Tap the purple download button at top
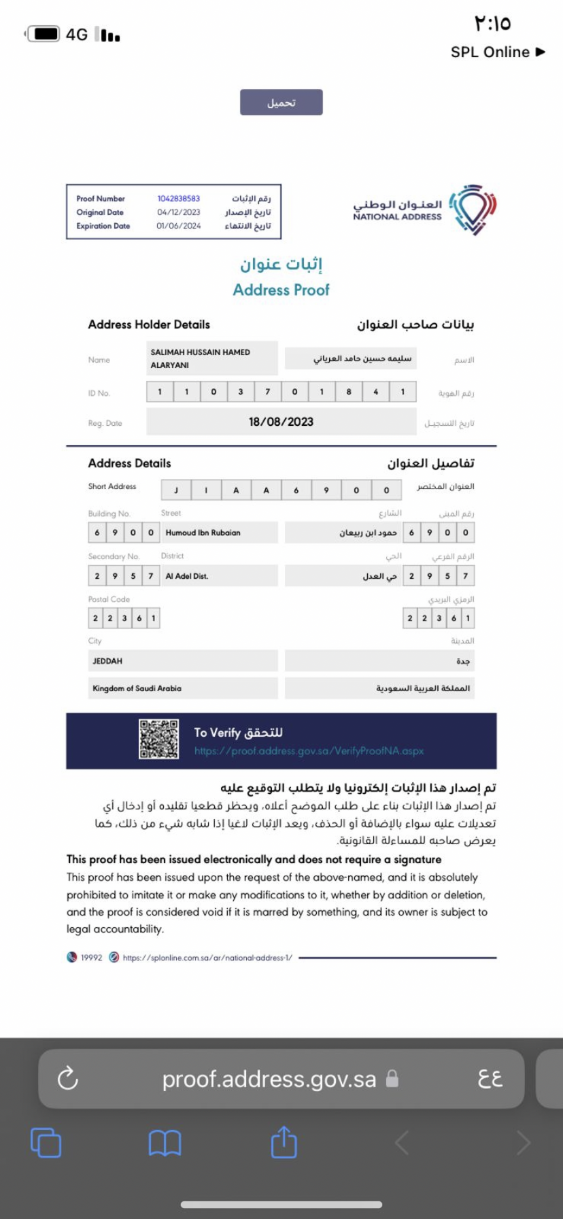(x=281, y=103)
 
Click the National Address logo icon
(x=473, y=209)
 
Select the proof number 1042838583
(x=179, y=199)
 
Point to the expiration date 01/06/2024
(x=179, y=226)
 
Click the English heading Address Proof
(x=281, y=290)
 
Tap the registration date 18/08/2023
(x=281, y=422)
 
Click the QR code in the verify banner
(x=158, y=739)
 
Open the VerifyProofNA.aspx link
(x=309, y=751)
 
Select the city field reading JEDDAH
(x=182, y=661)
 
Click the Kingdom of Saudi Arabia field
(x=182, y=688)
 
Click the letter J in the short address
(x=176, y=490)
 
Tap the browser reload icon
(x=68, y=1078)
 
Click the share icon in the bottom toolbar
(x=284, y=1142)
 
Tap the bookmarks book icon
(x=165, y=1143)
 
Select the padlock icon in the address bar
(x=392, y=1079)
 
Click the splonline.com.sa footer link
(x=207, y=958)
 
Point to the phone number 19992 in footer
(x=91, y=958)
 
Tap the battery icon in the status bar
(x=46, y=34)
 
